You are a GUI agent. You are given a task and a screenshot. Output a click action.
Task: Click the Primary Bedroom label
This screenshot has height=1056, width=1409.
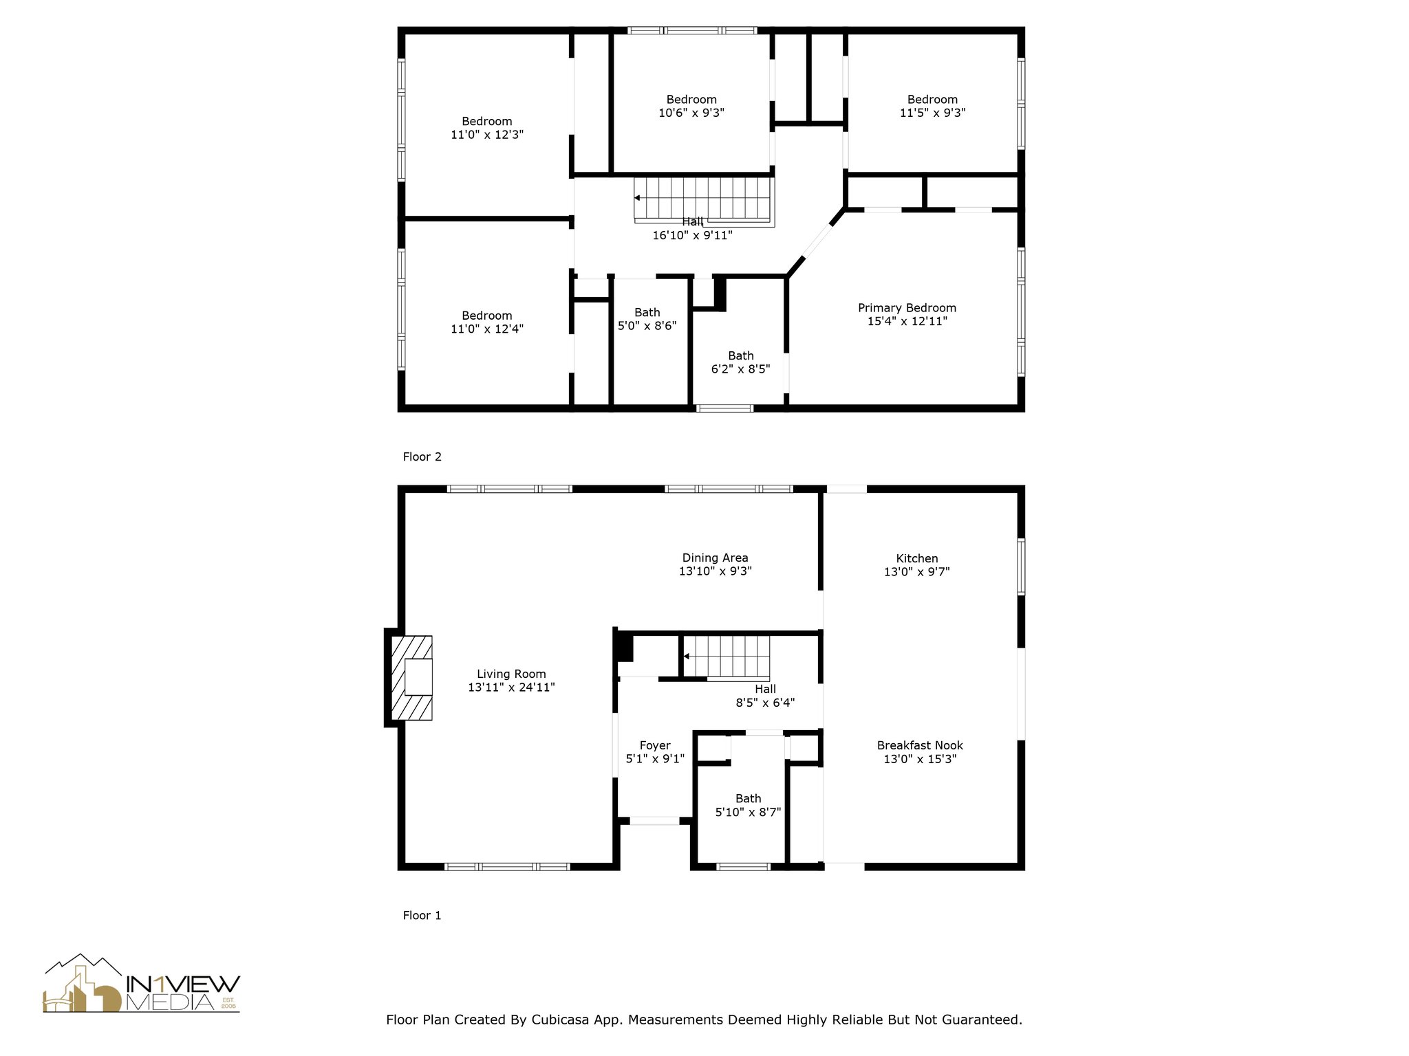[907, 308]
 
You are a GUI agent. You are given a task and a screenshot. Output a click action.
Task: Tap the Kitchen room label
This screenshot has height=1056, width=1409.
[917, 558]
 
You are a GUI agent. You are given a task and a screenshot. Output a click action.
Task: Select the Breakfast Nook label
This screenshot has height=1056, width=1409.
[920, 745]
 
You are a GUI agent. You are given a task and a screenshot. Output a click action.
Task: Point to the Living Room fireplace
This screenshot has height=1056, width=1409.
[411, 678]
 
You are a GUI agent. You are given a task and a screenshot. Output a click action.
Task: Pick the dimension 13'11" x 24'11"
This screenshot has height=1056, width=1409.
[511, 687]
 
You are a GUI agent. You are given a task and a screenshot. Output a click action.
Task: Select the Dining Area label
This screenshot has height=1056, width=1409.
[715, 558]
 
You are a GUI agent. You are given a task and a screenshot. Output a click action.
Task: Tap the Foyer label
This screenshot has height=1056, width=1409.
[655, 745]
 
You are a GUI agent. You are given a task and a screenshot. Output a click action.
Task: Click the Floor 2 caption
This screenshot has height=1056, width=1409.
[422, 456]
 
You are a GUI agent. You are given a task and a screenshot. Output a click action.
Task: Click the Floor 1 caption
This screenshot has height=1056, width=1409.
[422, 915]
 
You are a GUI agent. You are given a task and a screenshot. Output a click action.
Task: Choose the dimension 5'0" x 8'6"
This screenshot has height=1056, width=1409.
[647, 325]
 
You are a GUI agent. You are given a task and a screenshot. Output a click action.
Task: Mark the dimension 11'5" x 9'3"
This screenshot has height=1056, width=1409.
[932, 112]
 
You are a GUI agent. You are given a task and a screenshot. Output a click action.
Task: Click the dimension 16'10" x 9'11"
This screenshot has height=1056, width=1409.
[692, 235]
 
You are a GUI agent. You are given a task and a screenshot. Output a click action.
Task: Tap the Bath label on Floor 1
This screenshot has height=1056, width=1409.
[748, 799]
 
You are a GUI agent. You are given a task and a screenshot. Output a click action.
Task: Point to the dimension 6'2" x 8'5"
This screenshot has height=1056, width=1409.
[740, 368]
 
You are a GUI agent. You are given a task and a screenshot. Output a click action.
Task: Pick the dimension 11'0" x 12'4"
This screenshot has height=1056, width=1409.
[487, 329]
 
